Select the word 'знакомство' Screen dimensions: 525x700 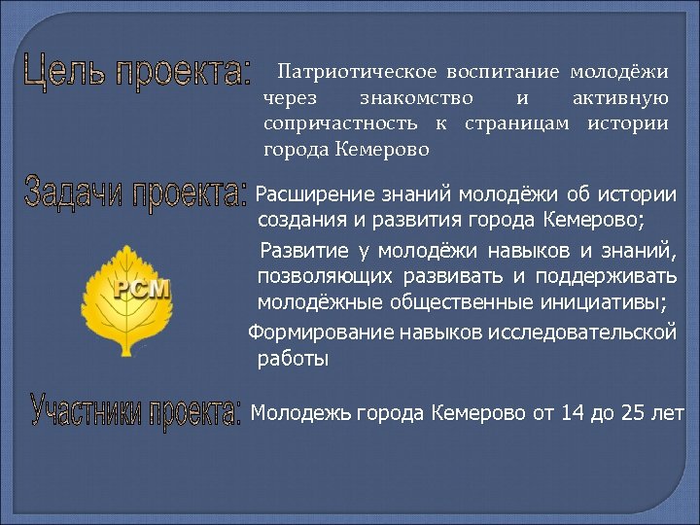pos(416,98)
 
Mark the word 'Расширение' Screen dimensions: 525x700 pos(309,195)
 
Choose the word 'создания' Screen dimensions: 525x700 pos(297,220)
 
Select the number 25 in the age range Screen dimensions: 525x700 pos(633,413)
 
